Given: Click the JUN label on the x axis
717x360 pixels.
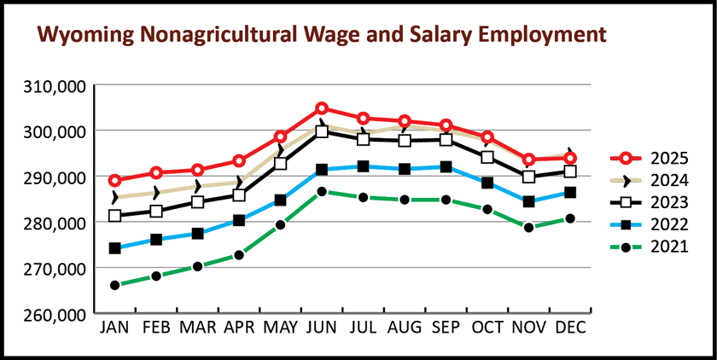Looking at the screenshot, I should [321, 327].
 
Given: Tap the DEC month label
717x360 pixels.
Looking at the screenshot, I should [569, 327].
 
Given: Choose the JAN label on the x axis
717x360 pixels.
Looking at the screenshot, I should [115, 327].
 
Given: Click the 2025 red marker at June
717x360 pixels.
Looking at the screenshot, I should [322, 108].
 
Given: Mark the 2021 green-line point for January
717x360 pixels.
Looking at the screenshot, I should [115, 285].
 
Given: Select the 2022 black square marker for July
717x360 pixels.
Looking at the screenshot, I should [363, 166].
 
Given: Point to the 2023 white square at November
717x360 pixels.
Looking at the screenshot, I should [528, 177].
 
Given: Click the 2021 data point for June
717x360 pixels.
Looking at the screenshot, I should [322, 192].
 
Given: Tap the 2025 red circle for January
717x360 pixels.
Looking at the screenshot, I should [115, 181].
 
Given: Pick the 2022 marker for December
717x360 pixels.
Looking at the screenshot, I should [569, 193].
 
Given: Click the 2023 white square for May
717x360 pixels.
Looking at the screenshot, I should [280, 164].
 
